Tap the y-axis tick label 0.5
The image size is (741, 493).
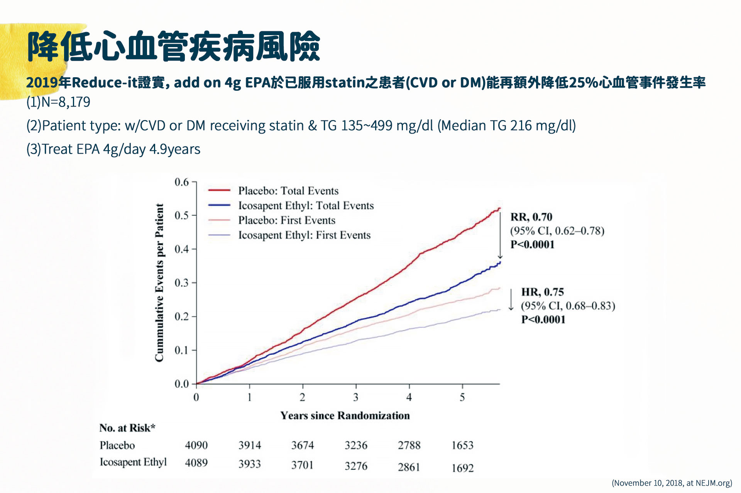[181, 215]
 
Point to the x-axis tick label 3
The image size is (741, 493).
[355, 397]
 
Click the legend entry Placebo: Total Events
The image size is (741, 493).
[288, 191]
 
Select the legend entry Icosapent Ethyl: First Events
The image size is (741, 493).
[304, 235]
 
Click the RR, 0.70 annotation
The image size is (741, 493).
[531, 217]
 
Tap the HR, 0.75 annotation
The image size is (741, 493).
[542, 292]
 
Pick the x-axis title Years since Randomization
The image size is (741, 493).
[345, 415]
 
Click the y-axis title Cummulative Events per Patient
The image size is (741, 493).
[159, 283]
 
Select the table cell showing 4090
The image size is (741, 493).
[196, 445]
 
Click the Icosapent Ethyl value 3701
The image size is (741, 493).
[302, 465]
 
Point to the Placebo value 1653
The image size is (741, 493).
[462, 446]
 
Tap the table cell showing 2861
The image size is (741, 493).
[409, 467]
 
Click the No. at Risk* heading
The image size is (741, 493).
[127, 428]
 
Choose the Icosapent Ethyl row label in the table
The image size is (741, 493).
[133, 462]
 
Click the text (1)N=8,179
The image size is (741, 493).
[58, 102]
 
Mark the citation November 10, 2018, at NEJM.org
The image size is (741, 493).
[672, 483]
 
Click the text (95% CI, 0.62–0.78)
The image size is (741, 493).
[557, 231]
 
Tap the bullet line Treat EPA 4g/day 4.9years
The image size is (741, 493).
[113, 149]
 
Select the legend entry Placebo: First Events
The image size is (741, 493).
[286, 220]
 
